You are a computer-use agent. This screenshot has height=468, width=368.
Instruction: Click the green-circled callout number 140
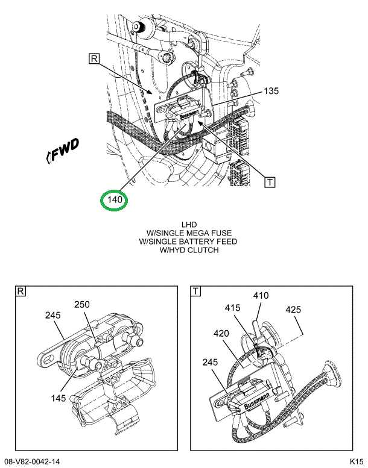[x=115, y=199]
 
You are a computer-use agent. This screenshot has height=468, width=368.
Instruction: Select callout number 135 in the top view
[x=271, y=92]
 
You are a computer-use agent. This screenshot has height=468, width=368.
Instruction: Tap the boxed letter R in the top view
[x=94, y=58]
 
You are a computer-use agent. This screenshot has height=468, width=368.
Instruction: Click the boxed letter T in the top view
[x=270, y=181]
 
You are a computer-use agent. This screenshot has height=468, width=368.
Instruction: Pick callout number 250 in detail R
[x=82, y=305]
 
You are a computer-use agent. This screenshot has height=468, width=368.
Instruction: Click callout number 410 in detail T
[x=261, y=296]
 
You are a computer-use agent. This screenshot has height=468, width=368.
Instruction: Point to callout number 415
[x=233, y=308]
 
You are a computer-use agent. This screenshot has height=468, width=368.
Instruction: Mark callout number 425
[x=293, y=311]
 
